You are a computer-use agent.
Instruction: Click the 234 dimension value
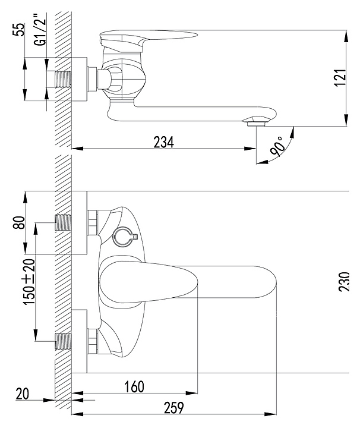[x=163, y=142]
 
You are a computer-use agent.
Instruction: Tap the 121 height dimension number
[x=340, y=78]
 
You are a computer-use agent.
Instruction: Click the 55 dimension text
[x=19, y=30]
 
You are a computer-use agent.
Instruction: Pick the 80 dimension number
[x=19, y=222]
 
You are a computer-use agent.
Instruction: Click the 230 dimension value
[x=344, y=282]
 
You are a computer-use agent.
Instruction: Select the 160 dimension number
[x=134, y=387]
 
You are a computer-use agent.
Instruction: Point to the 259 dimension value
[x=173, y=408]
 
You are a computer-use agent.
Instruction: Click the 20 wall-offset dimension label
[x=22, y=394]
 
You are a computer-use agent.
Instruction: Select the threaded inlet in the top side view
[x=64, y=80]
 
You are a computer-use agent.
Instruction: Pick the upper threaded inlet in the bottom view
[x=64, y=223]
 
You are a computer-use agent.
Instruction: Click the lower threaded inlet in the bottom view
[x=64, y=341]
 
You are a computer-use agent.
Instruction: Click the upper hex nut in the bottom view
[x=93, y=222]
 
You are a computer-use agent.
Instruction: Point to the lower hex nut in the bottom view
[x=93, y=341]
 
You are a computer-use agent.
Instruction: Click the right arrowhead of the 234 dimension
[x=250, y=149]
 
